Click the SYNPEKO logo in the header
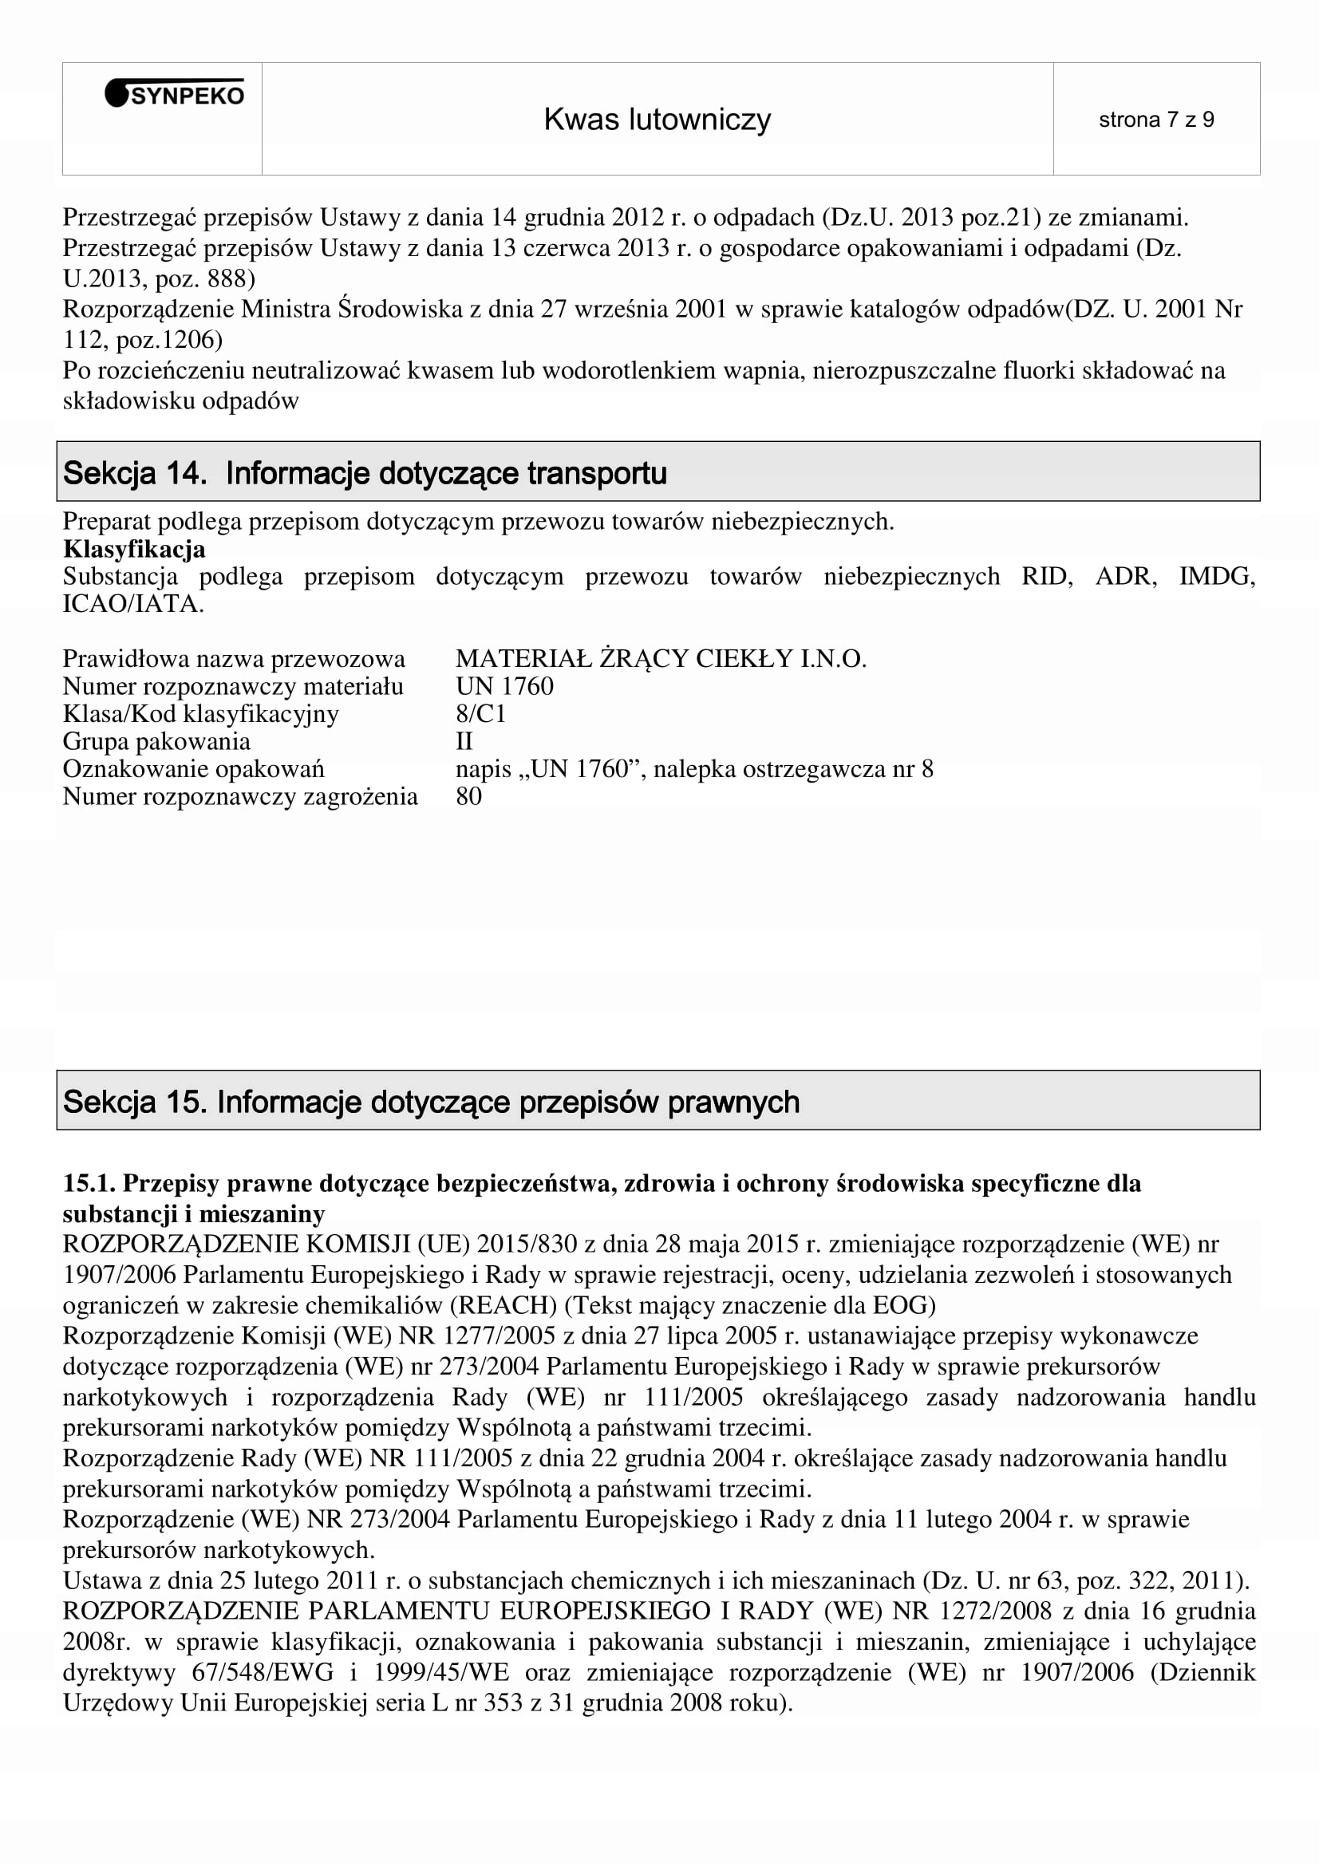[175, 95]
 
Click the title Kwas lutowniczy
[657, 120]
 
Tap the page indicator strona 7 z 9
[1155, 120]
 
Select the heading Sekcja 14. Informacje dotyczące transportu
[365, 473]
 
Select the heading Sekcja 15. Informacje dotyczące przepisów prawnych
[431, 1102]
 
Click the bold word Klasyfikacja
[134, 550]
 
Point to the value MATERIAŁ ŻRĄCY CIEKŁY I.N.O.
[661, 658]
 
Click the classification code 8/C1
[480, 713]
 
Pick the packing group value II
[464, 741]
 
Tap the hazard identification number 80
[469, 796]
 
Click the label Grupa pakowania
[157, 741]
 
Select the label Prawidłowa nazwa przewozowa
[234, 658]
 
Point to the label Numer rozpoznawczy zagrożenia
[240, 796]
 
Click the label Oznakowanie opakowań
[193, 769]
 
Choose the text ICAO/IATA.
[132, 604]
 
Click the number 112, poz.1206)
[142, 339]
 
